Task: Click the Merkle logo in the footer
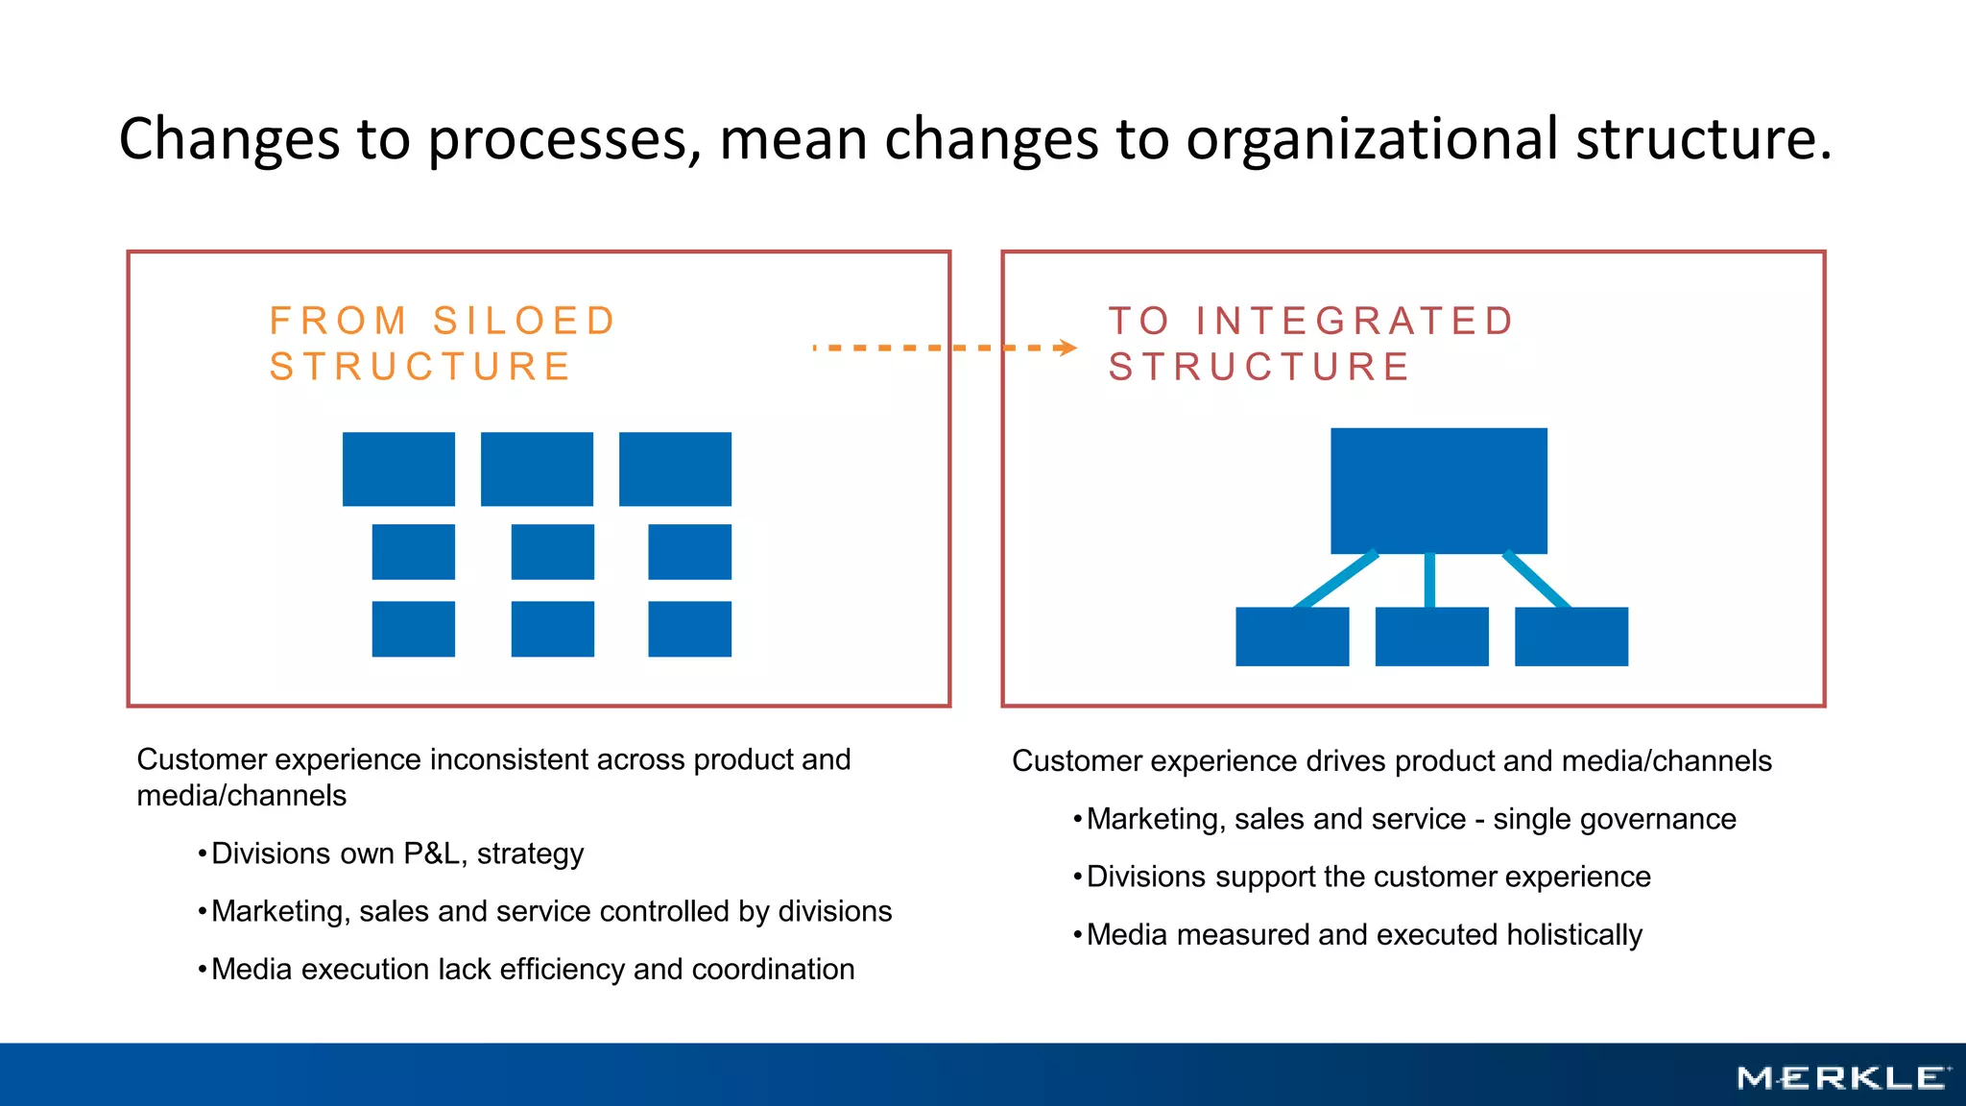point(1843,1078)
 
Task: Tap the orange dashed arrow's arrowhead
point(1067,348)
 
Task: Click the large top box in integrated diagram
point(1438,491)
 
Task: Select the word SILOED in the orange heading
point(524,321)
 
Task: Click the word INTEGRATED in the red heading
point(1355,321)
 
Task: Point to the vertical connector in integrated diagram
point(1429,580)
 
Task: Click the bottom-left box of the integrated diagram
point(1292,637)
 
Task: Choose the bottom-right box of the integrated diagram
point(1570,637)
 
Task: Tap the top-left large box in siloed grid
point(398,469)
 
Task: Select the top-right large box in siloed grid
point(675,469)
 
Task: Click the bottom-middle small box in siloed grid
point(552,629)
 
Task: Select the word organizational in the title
point(1372,138)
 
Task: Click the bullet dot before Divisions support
point(1078,877)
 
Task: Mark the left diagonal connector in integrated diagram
point(1335,580)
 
